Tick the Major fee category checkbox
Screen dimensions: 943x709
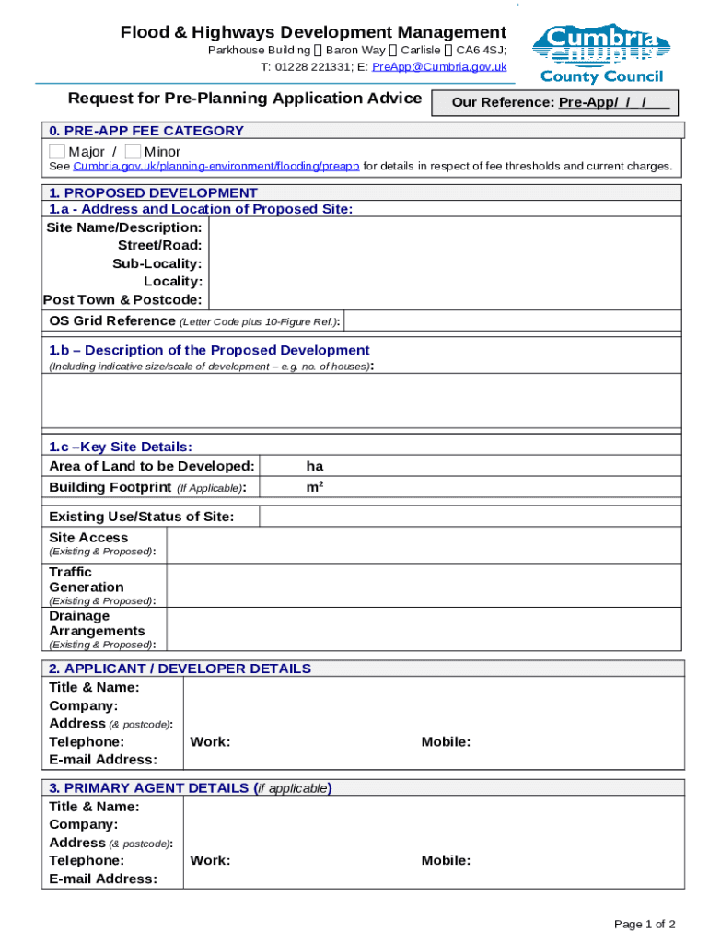pos(57,151)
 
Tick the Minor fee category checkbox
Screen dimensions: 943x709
pos(134,151)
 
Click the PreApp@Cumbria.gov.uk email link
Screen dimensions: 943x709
pos(439,66)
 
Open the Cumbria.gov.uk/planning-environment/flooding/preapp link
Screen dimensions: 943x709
pos(215,167)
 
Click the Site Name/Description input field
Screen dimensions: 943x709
pos(445,227)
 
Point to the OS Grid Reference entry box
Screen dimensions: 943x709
pos(512,320)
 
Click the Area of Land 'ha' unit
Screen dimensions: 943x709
pos(315,466)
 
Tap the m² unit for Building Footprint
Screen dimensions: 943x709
pos(315,486)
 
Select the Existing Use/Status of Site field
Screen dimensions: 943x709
pos(471,517)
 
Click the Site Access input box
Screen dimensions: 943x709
pos(424,544)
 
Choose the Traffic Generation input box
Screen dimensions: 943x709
pos(424,586)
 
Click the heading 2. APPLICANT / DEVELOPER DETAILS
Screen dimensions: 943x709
pos(180,669)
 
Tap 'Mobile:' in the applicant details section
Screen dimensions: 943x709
pos(446,741)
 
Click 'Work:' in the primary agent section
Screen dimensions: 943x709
pos(210,860)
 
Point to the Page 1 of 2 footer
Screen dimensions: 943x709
pos(645,924)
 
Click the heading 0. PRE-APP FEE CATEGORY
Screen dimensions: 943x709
pos(146,131)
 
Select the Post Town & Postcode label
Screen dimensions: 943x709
pos(122,299)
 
